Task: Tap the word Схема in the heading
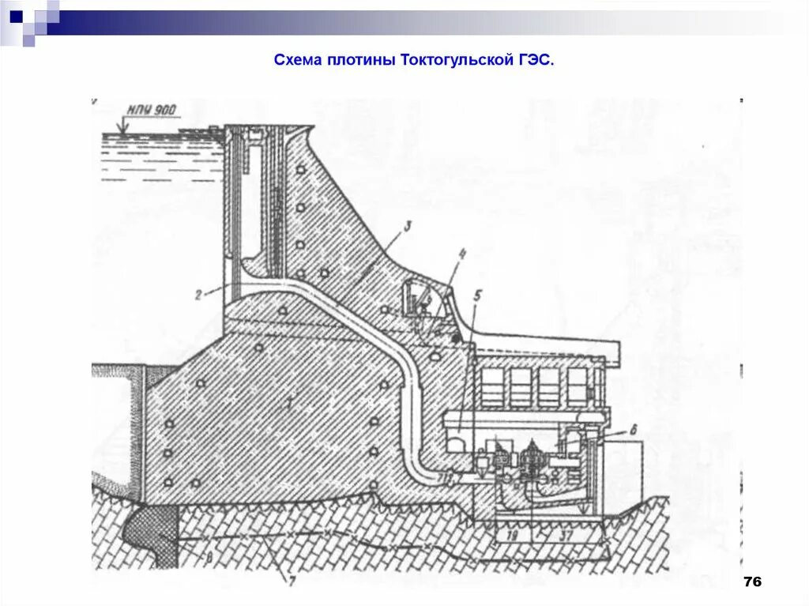(295, 60)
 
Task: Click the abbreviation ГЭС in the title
(536, 60)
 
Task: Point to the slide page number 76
(751, 582)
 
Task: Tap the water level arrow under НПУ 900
(122, 125)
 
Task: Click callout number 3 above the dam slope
(407, 228)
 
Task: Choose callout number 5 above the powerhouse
(478, 296)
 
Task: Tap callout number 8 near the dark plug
(209, 558)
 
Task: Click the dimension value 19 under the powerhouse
(512, 536)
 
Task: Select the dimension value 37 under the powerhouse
(566, 536)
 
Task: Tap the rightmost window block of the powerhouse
(577, 386)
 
